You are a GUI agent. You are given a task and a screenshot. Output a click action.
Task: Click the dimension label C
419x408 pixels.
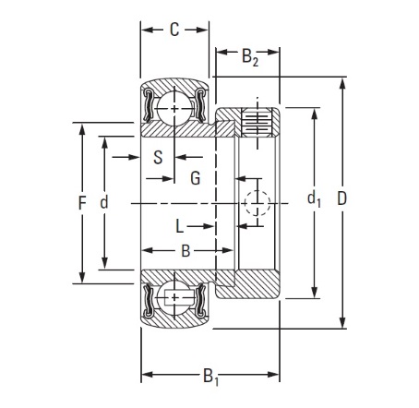tap(174, 30)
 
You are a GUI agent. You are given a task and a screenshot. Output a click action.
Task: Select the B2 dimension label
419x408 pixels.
tap(250, 57)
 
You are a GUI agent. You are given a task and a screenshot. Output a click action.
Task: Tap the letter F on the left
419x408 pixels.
tap(82, 203)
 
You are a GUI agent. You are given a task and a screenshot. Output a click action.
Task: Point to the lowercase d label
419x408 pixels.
tap(104, 202)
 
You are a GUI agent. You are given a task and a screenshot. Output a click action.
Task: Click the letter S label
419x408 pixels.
tap(158, 157)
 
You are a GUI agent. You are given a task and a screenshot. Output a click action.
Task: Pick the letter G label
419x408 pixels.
tap(196, 178)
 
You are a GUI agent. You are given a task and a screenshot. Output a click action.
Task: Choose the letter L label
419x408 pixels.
tap(179, 226)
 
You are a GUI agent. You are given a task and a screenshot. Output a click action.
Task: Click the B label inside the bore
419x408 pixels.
tap(186, 251)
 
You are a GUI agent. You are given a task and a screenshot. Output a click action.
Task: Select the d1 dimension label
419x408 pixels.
tap(314, 198)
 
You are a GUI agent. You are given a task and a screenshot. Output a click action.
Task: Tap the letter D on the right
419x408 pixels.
tap(341, 198)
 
